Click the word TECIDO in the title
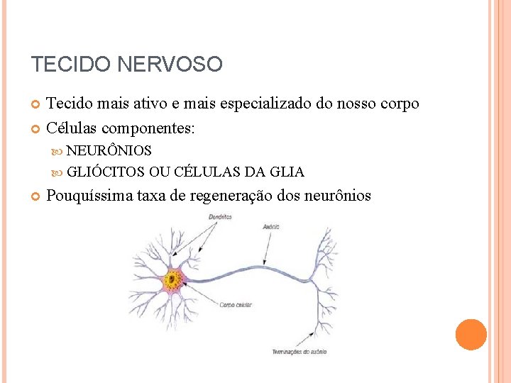coord(70,65)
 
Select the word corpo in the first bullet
coord(399,104)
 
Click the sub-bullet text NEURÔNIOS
coord(109,151)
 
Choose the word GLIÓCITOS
coord(106,172)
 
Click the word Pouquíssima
coord(89,196)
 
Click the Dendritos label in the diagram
coord(221,217)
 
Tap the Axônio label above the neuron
coord(270,227)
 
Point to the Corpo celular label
coord(236,305)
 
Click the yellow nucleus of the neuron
coord(172,279)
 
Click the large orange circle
coord(471,334)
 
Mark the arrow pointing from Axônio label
coord(267,248)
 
